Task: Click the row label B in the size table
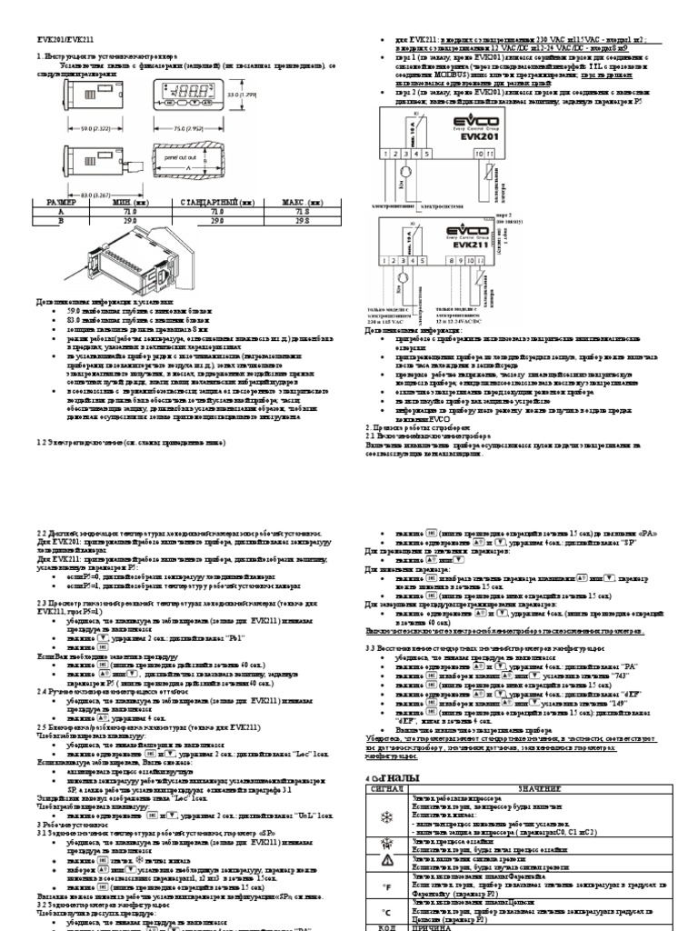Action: pos(38,218)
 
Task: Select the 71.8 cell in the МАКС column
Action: pos(294,210)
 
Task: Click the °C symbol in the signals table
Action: pos(388,910)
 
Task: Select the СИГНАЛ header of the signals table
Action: pos(387,787)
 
